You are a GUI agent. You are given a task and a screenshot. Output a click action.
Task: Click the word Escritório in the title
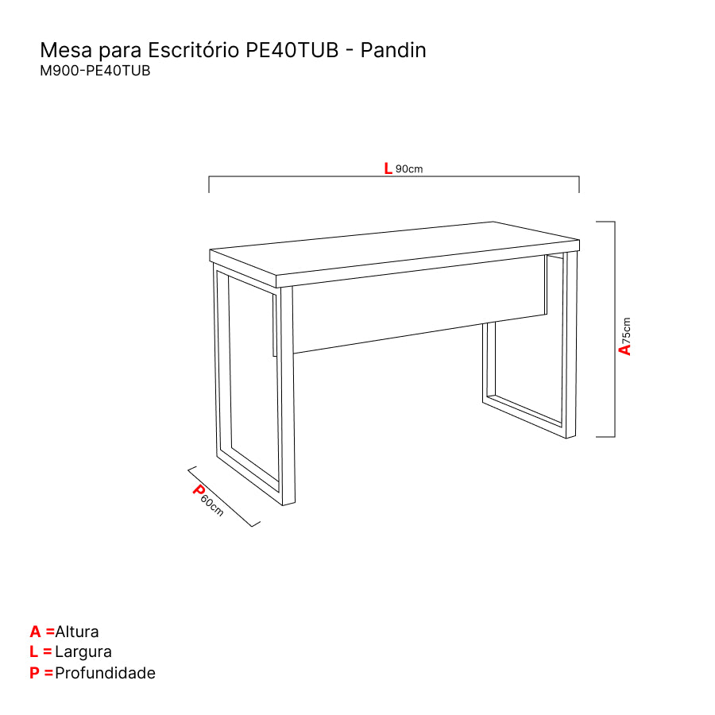[x=193, y=50]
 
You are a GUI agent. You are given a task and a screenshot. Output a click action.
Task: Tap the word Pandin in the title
[x=393, y=50]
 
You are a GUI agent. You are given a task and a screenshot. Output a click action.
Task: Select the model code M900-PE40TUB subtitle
[x=95, y=71]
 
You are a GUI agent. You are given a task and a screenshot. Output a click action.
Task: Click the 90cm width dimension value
[x=409, y=169]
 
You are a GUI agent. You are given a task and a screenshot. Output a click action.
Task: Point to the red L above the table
[x=388, y=168]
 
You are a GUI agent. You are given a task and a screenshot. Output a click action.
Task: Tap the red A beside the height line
[x=624, y=350]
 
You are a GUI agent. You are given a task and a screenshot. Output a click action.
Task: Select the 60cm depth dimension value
[x=212, y=506]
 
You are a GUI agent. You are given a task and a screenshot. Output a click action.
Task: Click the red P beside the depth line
[x=199, y=489]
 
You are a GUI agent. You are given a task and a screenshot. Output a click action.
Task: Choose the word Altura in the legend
[x=76, y=632]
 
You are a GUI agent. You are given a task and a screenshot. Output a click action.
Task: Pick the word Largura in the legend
[x=83, y=652]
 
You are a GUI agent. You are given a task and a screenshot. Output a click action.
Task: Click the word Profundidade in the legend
[x=105, y=673]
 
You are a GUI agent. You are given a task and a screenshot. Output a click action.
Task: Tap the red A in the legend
[x=35, y=632]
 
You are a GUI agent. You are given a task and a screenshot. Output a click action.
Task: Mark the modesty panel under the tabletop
[x=419, y=304]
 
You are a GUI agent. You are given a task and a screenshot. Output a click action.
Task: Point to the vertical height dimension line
[x=615, y=329]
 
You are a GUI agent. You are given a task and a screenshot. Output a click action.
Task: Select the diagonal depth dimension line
[x=224, y=497]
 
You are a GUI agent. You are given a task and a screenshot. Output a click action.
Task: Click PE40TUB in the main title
[x=292, y=50]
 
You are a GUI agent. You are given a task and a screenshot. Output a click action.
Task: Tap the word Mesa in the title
[x=66, y=50]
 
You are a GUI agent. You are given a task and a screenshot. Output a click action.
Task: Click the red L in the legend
[x=33, y=651]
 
